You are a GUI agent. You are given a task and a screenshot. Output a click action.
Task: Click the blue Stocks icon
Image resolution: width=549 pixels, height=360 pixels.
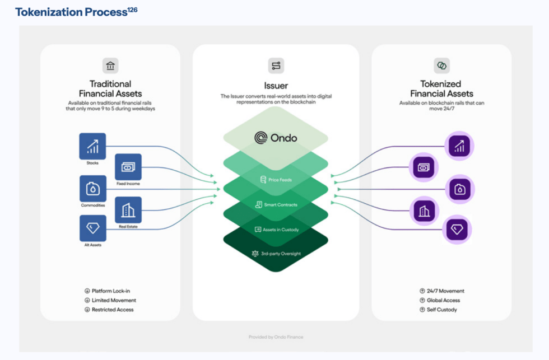92,146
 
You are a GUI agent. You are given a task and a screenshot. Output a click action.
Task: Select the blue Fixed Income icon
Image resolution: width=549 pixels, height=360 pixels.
128,167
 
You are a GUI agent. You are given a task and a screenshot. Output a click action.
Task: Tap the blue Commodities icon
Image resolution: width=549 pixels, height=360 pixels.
92,189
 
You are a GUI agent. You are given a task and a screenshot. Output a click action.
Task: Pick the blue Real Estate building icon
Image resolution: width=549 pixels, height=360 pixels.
128,210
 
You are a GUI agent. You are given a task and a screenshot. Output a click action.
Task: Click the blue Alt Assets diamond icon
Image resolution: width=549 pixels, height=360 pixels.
92,228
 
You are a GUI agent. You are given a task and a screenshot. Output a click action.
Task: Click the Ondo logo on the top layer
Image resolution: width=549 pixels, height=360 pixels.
275,138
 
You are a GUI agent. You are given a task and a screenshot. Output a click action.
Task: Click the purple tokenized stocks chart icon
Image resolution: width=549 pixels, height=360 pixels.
459,147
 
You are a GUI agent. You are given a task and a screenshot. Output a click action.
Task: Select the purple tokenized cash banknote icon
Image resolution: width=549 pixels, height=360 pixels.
424,167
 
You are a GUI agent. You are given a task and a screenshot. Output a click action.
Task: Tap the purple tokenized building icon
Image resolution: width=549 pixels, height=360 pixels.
424,211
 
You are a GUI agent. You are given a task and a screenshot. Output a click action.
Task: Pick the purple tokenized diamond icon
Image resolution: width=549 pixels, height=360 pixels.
457,230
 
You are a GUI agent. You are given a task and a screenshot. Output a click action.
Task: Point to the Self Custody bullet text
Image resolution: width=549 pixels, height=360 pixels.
441,310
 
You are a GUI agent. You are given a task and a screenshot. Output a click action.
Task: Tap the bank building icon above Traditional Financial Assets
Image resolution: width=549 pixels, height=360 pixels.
110,66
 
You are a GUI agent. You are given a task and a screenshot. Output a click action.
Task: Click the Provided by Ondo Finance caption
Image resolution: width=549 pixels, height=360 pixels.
276,337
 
